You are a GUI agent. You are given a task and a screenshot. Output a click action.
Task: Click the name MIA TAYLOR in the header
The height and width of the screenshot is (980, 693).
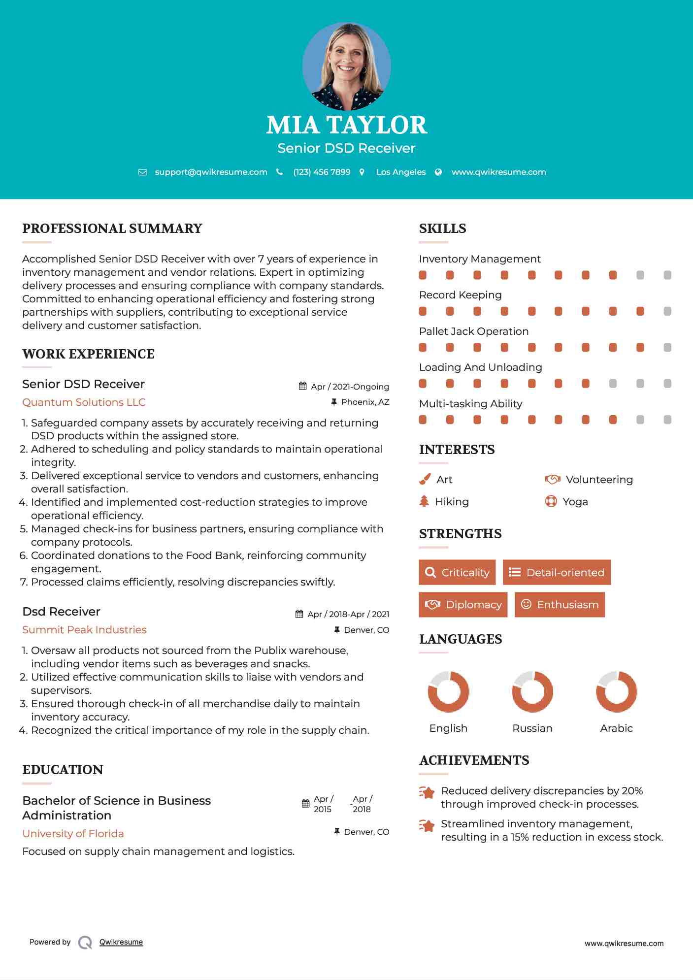pos(346,125)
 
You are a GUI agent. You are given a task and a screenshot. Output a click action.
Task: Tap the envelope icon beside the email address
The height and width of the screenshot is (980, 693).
pos(142,172)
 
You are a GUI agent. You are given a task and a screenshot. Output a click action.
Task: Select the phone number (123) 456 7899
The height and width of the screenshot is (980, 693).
pos(322,172)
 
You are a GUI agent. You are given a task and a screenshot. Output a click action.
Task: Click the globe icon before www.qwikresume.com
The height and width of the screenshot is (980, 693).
pos(438,172)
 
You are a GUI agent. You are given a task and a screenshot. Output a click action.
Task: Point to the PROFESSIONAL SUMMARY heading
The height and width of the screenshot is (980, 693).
pos(112,229)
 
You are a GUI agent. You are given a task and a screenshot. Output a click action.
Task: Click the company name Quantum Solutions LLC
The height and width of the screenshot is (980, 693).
pos(84,402)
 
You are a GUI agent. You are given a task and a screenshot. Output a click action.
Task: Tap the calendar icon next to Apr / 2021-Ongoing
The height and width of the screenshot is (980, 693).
pos(303,386)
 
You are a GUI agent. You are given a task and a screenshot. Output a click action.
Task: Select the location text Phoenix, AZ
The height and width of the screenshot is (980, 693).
pos(365,402)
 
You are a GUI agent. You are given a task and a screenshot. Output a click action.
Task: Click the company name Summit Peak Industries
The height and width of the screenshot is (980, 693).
pos(84,630)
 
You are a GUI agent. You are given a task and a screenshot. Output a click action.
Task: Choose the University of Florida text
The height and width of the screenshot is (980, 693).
pos(73,834)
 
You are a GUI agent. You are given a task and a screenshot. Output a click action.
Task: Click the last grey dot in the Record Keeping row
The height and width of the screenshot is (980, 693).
pos(667,311)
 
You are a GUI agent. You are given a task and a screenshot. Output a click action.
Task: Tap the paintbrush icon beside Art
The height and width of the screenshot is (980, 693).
pos(425,479)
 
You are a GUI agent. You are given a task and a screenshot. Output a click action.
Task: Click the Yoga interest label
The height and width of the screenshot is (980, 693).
pos(575,502)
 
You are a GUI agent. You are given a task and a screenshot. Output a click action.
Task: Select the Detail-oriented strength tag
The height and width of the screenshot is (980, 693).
pos(557,572)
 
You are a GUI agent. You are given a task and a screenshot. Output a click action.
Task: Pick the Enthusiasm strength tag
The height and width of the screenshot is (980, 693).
pos(560,605)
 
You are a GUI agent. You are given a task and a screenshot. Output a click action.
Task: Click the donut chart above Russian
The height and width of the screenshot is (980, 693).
pos(532,691)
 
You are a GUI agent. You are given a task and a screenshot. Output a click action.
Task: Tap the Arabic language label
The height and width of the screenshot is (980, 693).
pos(616,728)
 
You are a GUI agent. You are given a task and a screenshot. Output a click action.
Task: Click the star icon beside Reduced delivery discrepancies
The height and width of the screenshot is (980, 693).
pos(427,792)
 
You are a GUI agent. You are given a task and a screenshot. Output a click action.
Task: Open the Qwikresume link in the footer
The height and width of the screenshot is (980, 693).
pos(121,942)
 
